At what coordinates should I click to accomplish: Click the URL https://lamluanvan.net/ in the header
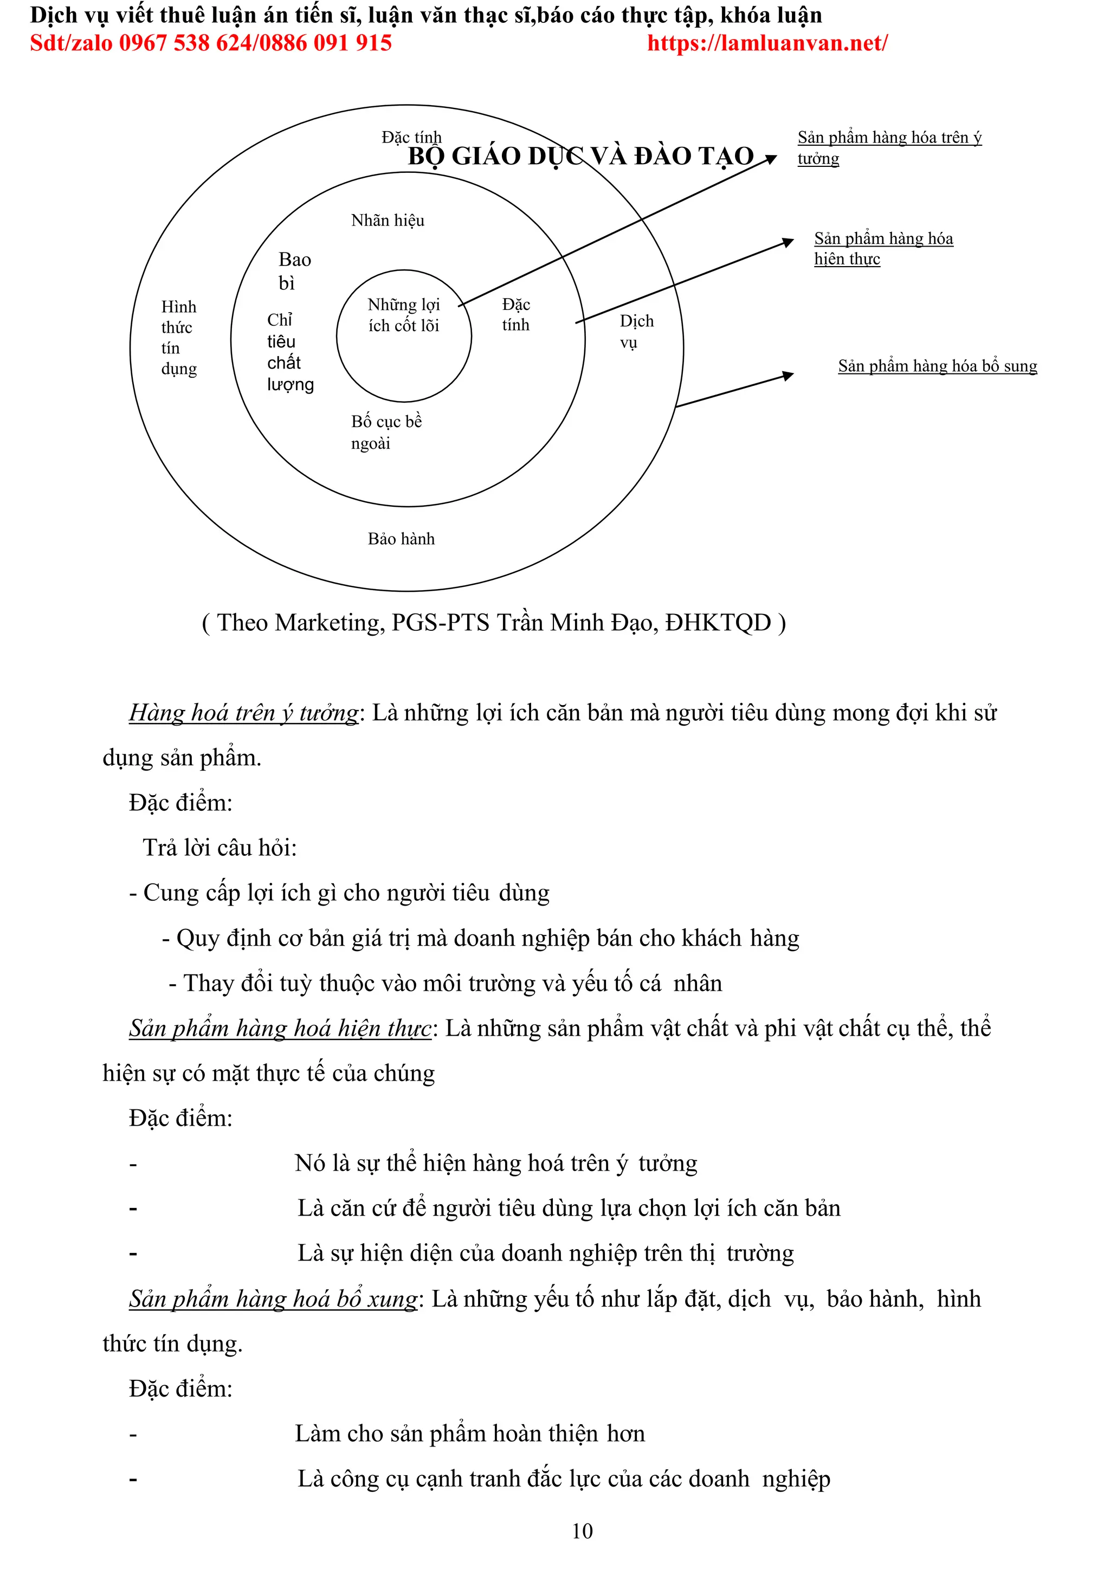[x=767, y=43]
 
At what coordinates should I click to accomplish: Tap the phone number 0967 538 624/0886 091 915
[x=255, y=43]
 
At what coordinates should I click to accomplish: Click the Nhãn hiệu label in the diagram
[x=387, y=220]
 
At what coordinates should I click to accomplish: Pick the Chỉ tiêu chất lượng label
[x=289, y=352]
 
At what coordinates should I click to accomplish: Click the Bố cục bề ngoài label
[x=386, y=432]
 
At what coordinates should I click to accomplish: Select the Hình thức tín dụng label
[x=178, y=338]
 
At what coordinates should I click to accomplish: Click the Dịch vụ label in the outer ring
[x=636, y=331]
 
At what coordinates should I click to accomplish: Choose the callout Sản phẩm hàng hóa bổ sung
[x=937, y=366]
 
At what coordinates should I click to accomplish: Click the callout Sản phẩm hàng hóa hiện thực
[x=882, y=248]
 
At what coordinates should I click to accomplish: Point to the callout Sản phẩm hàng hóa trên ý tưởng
[x=888, y=147]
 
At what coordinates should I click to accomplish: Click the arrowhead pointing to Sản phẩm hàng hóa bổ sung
[x=788, y=376]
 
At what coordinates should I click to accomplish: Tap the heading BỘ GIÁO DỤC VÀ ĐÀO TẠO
[x=580, y=157]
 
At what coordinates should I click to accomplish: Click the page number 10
[x=582, y=1530]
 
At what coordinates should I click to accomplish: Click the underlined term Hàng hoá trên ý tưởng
[x=243, y=713]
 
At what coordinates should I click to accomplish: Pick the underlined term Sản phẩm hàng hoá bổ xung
[x=273, y=1298]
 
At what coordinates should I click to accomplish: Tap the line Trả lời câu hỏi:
[x=220, y=847]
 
